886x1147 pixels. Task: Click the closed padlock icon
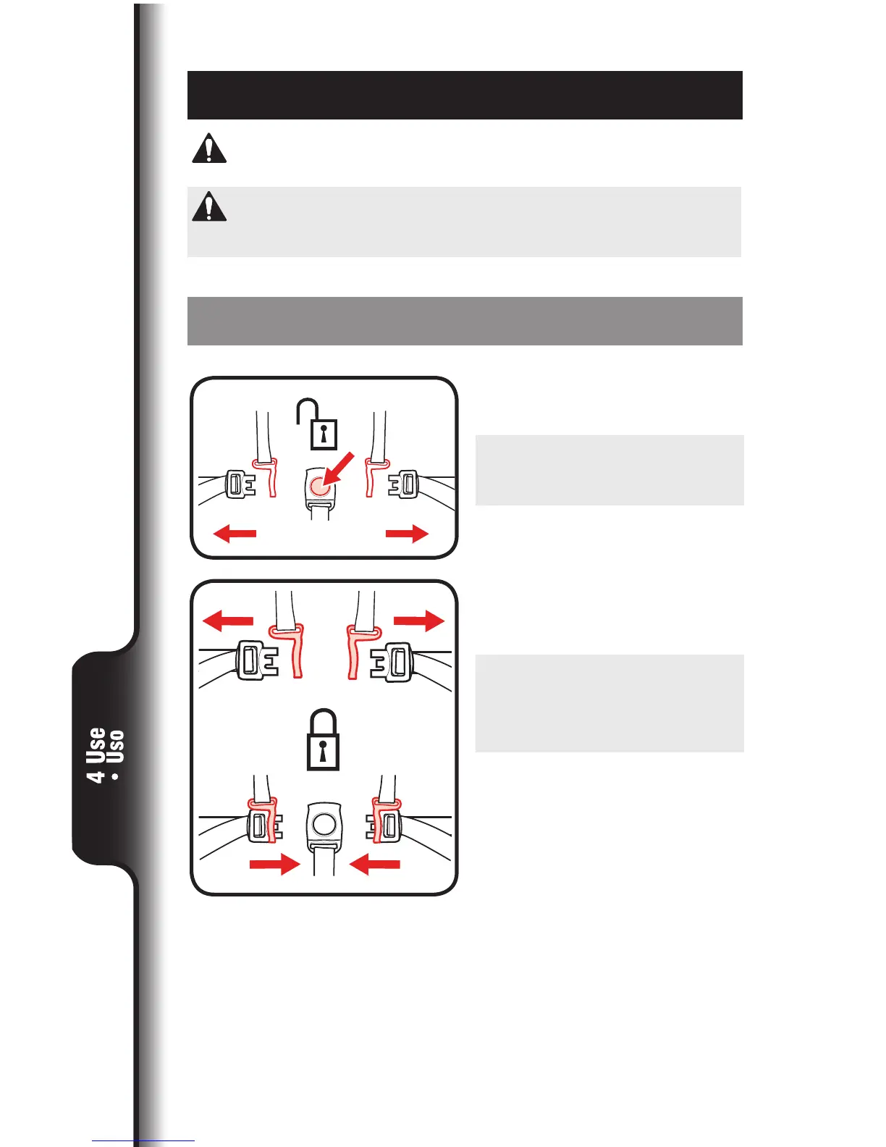(x=323, y=741)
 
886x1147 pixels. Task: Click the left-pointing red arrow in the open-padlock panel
(x=235, y=534)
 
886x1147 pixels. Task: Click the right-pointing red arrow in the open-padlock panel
(x=408, y=534)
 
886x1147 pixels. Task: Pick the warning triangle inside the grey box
(x=209, y=207)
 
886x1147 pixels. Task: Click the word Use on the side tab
(x=96, y=745)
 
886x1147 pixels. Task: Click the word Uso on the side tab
(x=115, y=747)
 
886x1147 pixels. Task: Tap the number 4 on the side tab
(x=96, y=776)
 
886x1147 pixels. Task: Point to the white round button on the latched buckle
(x=323, y=823)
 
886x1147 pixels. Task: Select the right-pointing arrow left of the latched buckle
(x=274, y=864)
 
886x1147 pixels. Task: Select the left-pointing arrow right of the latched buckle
(x=374, y=864)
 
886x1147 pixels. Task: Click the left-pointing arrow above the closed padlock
(x=228, y=621)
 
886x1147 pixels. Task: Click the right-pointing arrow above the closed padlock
(x=418, y=621)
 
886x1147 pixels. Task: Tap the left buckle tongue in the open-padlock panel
(x=241, y=484)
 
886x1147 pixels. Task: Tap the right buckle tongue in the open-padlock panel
(x=403, y=484)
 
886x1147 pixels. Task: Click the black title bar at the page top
(x=465, y=95)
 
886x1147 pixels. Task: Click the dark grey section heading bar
(x=465, y=321)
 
